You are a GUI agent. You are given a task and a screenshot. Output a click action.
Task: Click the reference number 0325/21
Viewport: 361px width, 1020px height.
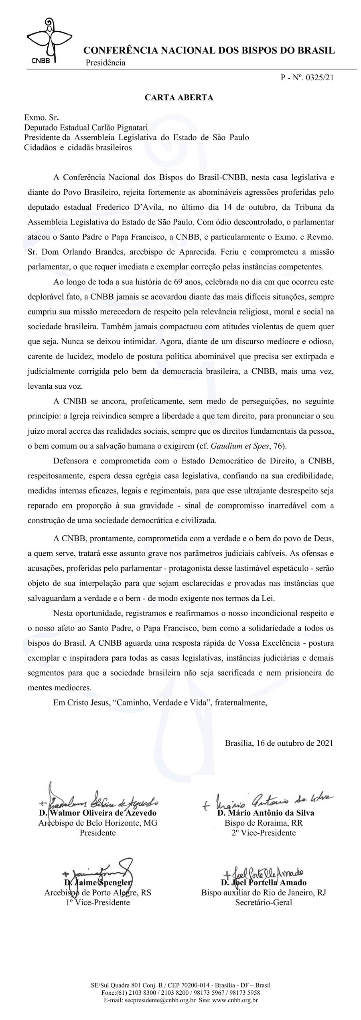tap(319, 78)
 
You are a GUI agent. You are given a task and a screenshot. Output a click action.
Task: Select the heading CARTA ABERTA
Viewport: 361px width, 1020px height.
tap(179, 98)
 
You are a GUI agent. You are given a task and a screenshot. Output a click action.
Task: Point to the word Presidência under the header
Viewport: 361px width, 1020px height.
tap(105, 63)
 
